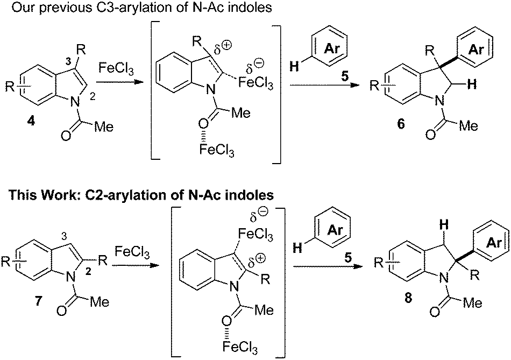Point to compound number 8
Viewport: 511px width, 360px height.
407,299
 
